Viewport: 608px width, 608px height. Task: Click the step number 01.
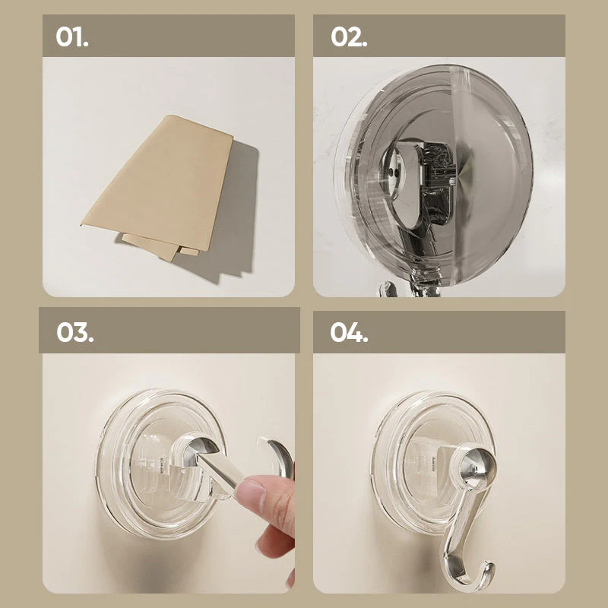click(x=72, y=36)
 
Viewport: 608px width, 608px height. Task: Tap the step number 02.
click(x=349, y=36)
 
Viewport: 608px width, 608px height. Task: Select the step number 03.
click(x=74, y=332)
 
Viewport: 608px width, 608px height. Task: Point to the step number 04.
click(x=349, y=332)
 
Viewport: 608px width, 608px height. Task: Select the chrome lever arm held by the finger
click(x=217, y=468)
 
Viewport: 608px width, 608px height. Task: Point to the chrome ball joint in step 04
click(x=476, y=467)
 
